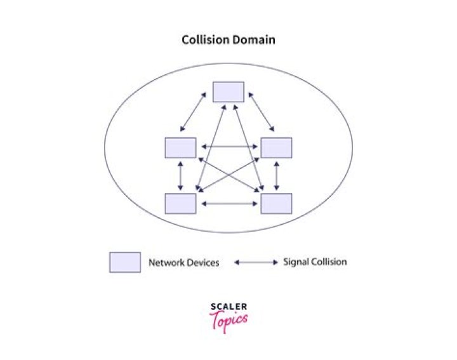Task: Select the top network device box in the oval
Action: [228, 91]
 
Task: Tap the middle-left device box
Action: [180, 147]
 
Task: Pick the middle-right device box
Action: [277, 147]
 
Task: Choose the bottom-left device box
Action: [180, 203]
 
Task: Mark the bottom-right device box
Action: [277, 203]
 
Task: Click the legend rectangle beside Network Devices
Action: [125, 262]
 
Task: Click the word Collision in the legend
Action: [330, 262]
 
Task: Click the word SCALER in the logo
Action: [228, 308]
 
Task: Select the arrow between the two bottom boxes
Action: [228, 204]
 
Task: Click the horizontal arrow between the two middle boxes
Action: [228, 147]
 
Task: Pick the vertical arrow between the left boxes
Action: [181, 175]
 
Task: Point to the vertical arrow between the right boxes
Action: [277, 175]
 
